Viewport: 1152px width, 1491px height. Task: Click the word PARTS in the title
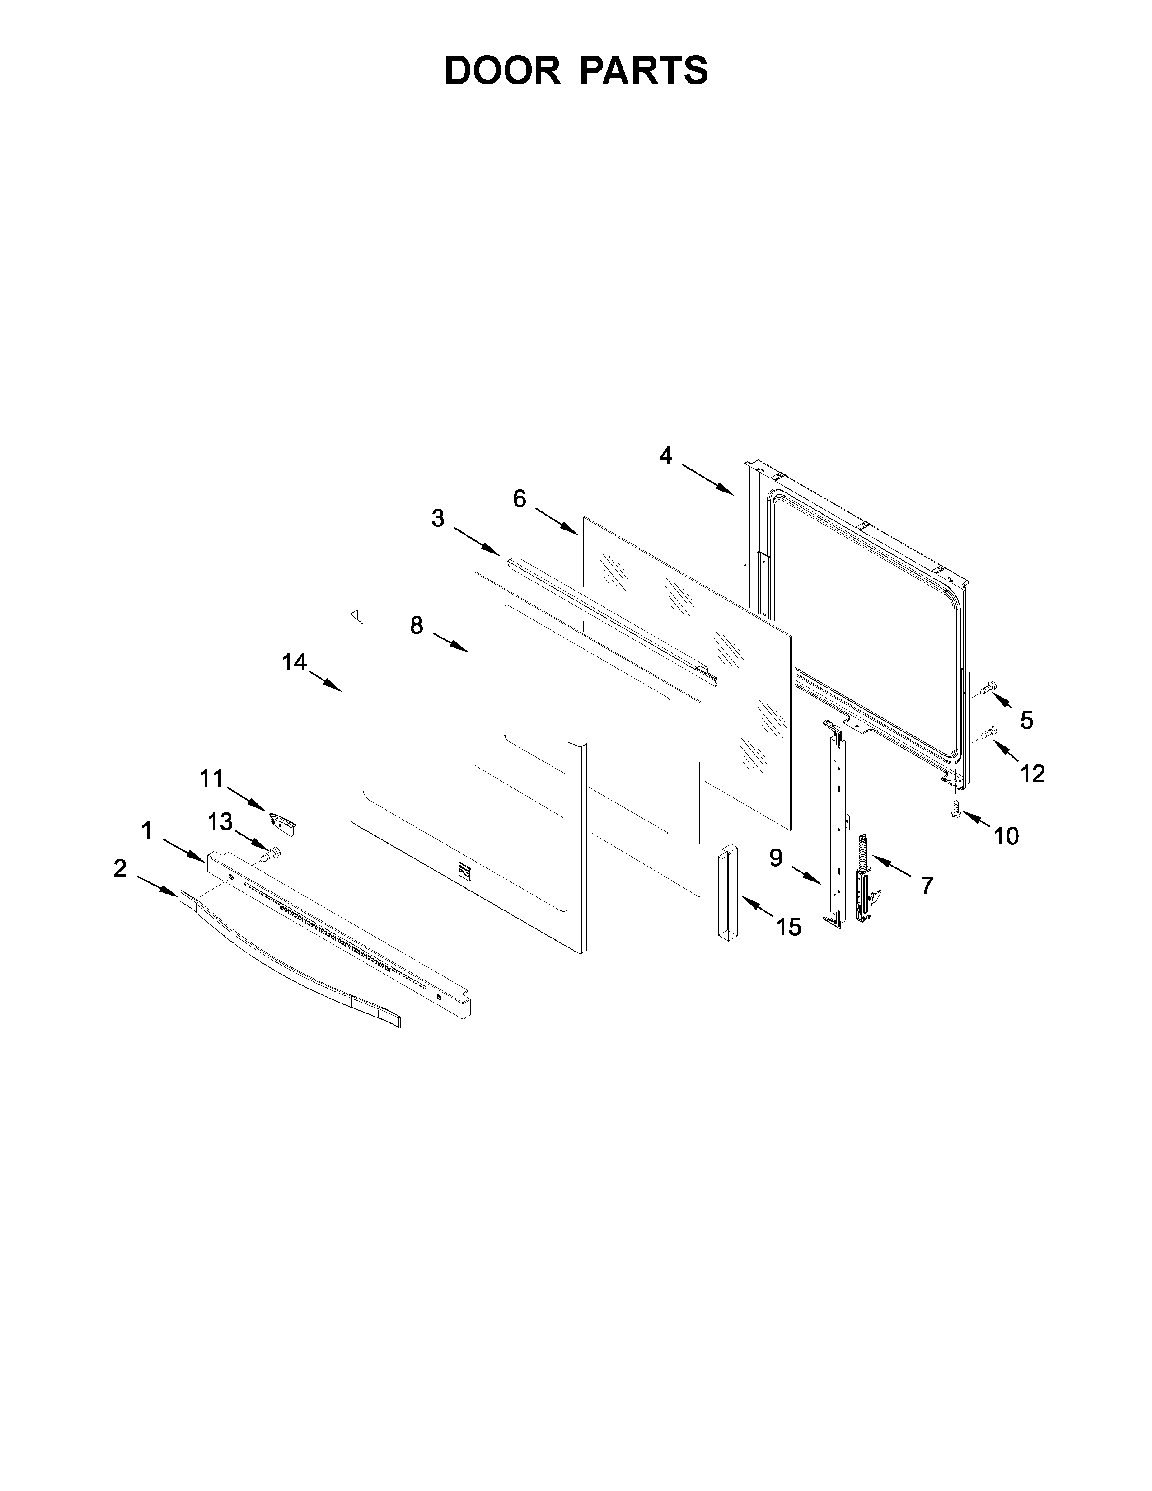[x=644, y=70]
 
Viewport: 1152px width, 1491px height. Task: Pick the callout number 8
[x=417, y=625]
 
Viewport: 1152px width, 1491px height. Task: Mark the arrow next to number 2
[x=157, y=885]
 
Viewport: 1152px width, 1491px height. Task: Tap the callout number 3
[x=437, y=519]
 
